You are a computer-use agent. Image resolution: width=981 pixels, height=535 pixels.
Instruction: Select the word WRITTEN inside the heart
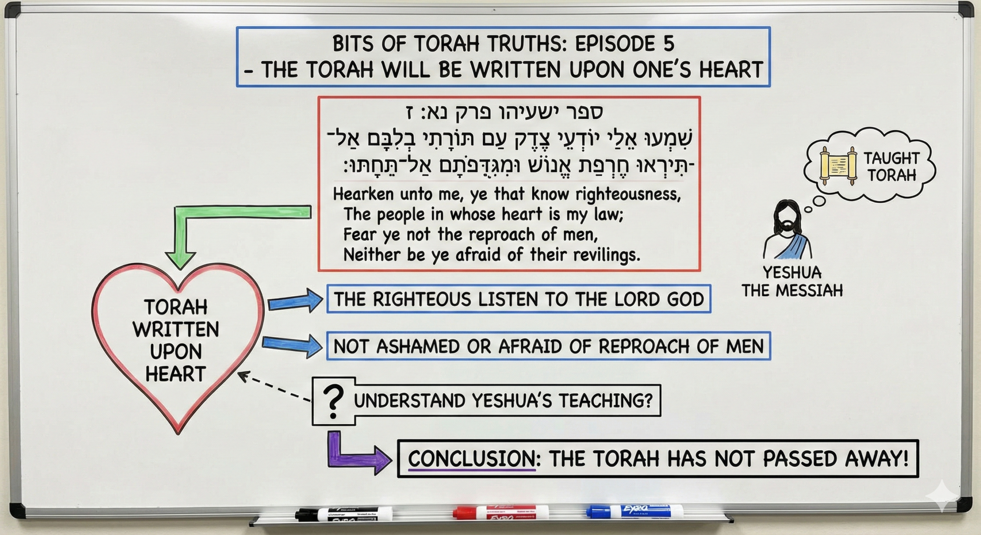[176, 329]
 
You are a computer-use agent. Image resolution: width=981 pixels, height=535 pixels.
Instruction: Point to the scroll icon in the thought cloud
[838, 166]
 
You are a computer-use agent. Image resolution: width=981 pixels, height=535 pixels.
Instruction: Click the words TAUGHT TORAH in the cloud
[891, 167]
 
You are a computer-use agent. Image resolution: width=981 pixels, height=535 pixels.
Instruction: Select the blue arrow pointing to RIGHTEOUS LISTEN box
[295, 301]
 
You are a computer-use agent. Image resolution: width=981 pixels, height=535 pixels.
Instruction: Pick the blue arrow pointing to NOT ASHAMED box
[292, 346]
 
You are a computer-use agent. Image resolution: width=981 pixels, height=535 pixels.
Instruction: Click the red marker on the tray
[500, 512]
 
